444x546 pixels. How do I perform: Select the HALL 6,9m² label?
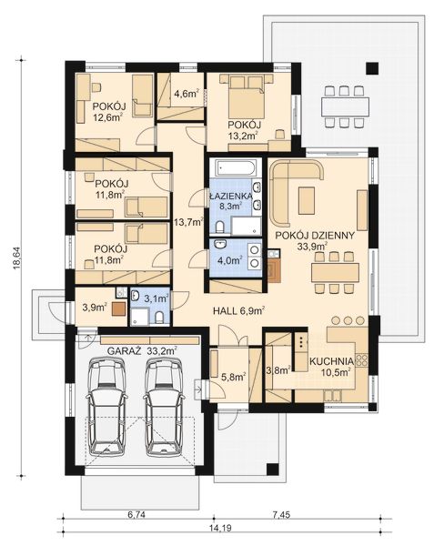point(238,310)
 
